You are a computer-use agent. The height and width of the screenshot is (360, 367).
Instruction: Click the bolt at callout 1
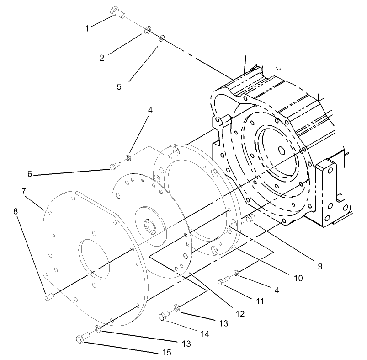click(117, 13)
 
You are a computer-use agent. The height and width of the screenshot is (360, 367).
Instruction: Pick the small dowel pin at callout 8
click(49, 298)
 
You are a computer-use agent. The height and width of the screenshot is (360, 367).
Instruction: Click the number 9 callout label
click(319, 265)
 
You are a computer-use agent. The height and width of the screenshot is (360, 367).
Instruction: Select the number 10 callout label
click(298, 278)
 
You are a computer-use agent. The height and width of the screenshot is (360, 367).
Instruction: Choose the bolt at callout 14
click(164, 316)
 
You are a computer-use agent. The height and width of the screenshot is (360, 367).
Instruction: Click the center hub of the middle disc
click(149, 225)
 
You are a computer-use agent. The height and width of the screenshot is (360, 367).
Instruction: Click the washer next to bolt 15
click(97, 329)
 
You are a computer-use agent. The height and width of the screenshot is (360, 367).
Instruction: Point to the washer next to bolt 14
click(177, 307)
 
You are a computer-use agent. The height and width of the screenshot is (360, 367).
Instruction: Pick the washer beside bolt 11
click(236, 273)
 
